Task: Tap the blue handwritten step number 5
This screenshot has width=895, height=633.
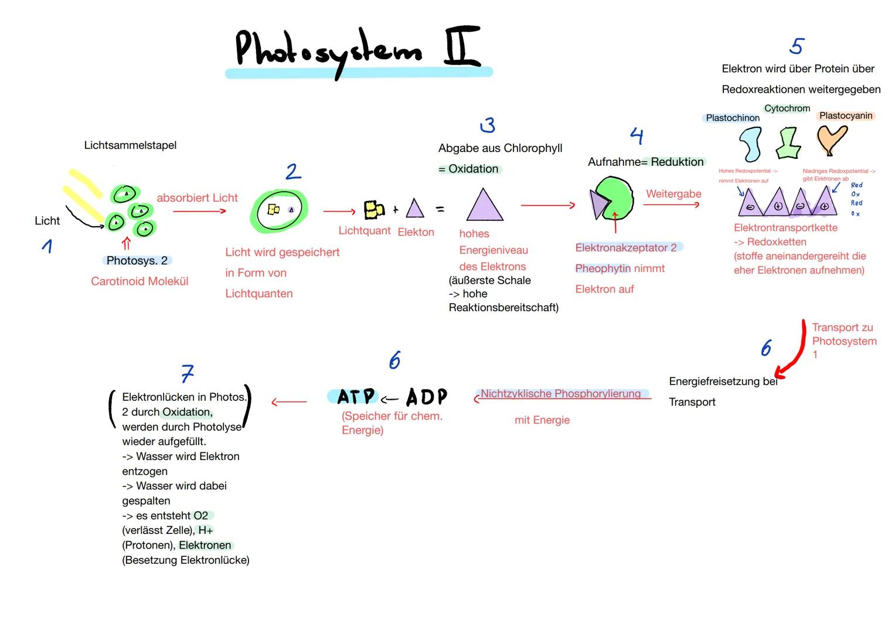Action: (797, 46)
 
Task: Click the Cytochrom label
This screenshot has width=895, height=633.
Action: (787, 108)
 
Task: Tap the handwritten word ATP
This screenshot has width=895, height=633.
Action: (356, 397)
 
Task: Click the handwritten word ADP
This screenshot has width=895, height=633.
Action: (426, 397)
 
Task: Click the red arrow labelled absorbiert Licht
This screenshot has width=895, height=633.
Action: (199, 211)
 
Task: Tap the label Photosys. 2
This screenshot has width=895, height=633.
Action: (137, 261)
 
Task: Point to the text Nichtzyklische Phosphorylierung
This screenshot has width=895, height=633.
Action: (560, 394)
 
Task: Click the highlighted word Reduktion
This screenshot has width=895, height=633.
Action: (677, 162)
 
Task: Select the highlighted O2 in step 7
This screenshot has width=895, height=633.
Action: (201, 516)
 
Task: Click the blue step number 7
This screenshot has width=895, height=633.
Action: (187, 373)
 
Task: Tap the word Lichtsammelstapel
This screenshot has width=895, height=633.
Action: (130, 145)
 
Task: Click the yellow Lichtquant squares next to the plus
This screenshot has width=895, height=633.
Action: (373, 209)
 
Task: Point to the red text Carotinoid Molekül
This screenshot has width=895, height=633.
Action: (139, 281)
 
